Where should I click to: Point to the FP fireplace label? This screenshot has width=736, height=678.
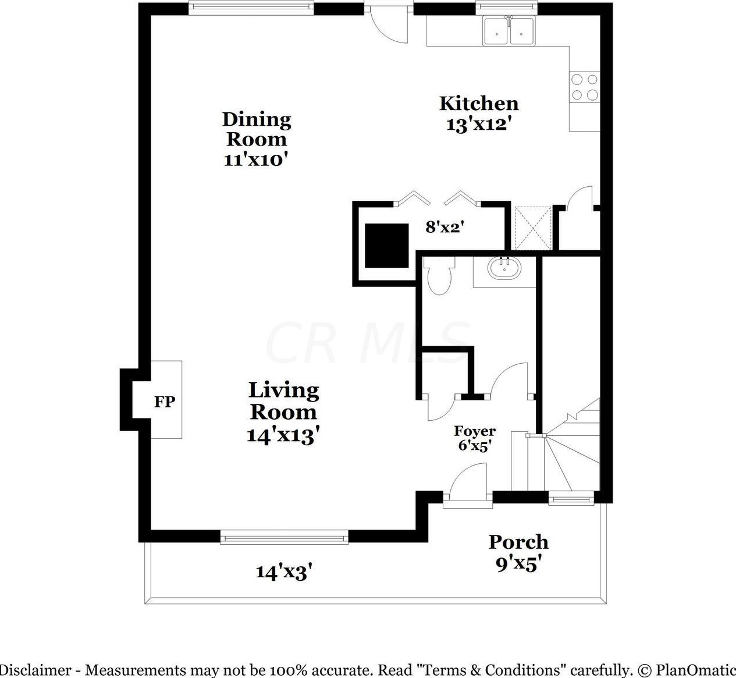[165, 402]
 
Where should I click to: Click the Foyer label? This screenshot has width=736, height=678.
[475, 431]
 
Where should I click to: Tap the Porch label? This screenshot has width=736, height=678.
[518, 542]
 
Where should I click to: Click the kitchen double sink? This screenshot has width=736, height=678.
[509, 31]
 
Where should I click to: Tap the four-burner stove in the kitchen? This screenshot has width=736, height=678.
[585, 87]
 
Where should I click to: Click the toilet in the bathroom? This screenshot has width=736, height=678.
[439, 275]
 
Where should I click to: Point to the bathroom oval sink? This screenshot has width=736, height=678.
[504, 267]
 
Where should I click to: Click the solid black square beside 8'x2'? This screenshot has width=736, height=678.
[386, 246]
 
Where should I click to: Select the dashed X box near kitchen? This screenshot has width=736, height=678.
[533, 228]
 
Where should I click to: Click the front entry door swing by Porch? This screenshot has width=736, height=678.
[468, 481]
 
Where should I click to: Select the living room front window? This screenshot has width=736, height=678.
[285, 538]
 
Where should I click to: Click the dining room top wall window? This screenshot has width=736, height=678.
[251, 8]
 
